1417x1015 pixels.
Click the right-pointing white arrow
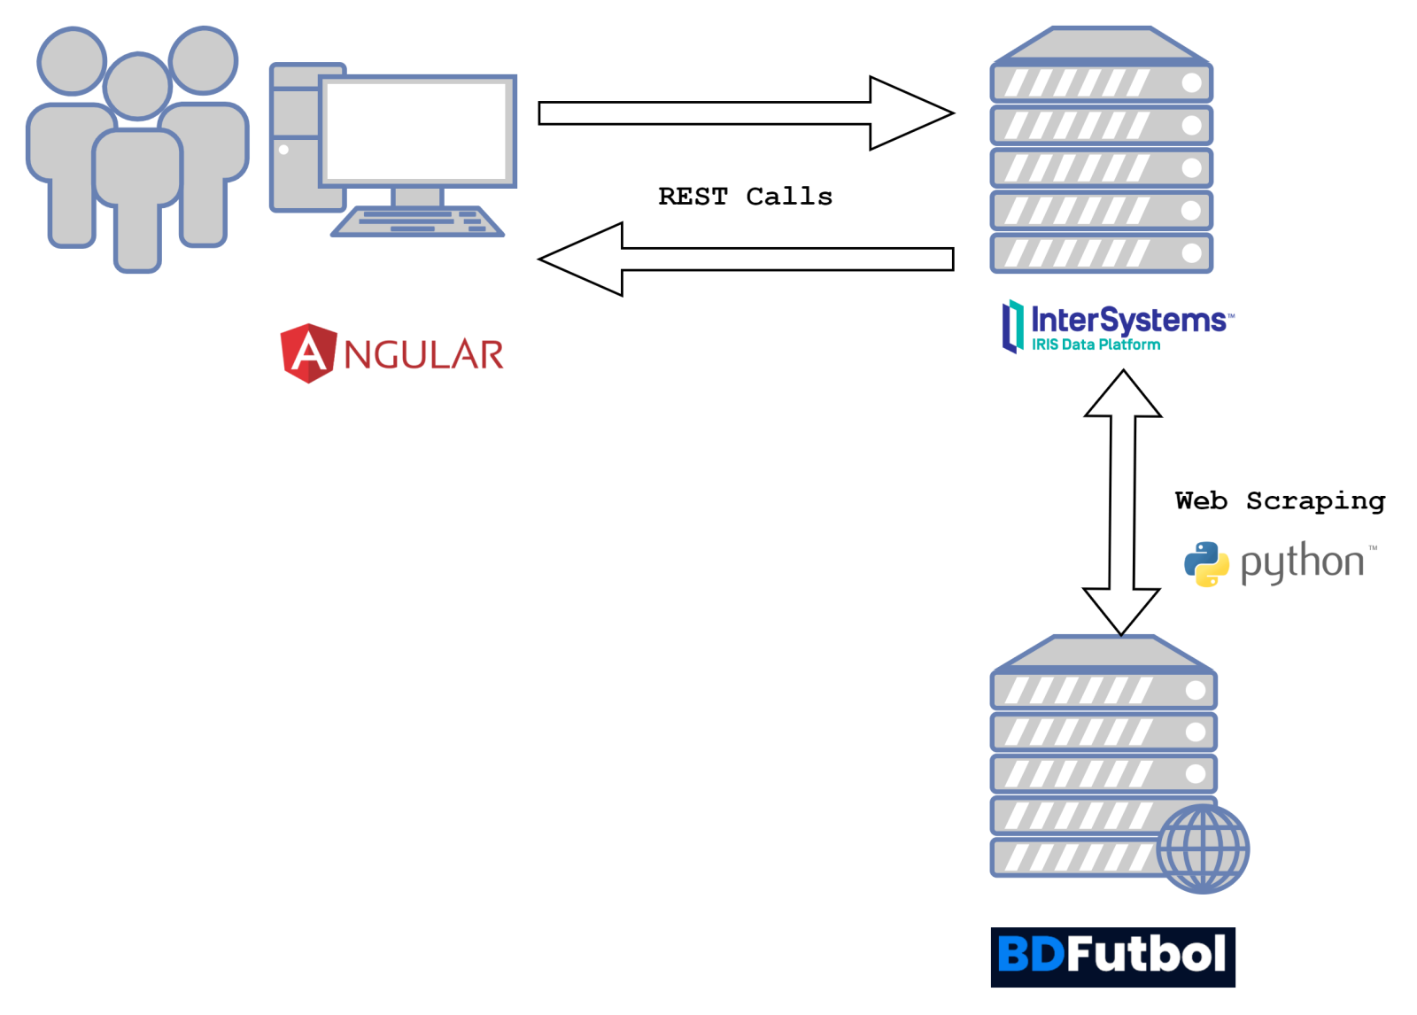pos(744,113)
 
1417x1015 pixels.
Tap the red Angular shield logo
pos(308,353)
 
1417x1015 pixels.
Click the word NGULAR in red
pos(423,355)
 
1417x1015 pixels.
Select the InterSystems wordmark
pos(1130,319)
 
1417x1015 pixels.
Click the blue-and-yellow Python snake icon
pos(1206,564)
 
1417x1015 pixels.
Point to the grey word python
pos(1302,563)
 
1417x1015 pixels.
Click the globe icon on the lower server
pos(1203,848)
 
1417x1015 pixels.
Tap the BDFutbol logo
pos(1112,956)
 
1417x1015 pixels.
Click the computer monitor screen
pos(417,130)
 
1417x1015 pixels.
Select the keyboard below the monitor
pos(418,221)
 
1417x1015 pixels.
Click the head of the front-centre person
pos(137,86)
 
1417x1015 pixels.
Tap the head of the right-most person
pos(204,59)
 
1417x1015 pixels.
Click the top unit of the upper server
pos(1101,83)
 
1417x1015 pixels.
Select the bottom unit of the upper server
pos(1101,252)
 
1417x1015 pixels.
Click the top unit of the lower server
pos(1103,690)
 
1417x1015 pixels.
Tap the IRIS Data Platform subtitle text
pos(1096,345)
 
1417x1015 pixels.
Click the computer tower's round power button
pos(283,150)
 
